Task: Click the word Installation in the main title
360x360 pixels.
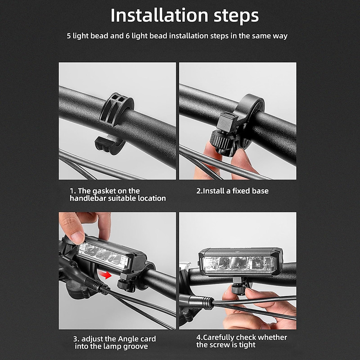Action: click(159, 16)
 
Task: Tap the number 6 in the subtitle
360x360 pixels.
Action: click(127, 36)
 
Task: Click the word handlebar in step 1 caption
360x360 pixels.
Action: click(88, 198)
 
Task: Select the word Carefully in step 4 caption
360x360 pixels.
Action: click(218, 332)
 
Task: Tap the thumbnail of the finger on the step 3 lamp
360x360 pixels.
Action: click(77, 238)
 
